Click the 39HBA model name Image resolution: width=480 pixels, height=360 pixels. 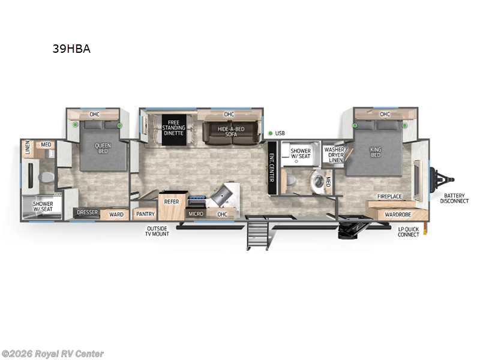71,49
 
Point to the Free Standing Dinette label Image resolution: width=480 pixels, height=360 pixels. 173,128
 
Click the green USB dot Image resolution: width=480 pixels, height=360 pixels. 271,133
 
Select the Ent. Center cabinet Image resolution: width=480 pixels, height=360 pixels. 272,168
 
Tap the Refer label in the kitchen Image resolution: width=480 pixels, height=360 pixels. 172,202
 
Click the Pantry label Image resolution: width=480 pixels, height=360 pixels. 145,214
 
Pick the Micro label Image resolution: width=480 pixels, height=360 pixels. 196,214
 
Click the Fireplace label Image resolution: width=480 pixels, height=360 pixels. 389,196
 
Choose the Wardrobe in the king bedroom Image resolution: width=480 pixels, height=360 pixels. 398,214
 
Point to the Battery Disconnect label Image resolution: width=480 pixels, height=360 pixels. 454,199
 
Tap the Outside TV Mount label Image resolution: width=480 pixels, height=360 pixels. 157,230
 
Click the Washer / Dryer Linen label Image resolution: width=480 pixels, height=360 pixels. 334,154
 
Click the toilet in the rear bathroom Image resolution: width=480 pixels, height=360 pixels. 46,178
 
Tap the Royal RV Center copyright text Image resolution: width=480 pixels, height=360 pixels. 53,354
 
